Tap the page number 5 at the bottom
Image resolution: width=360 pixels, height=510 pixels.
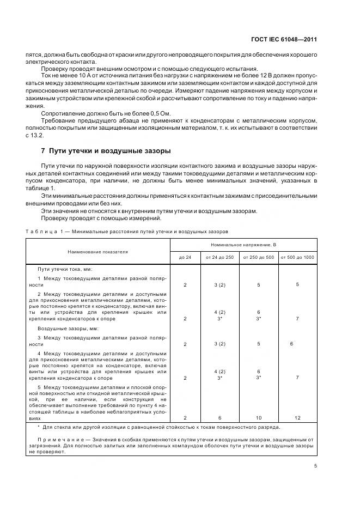(x=316, y=466)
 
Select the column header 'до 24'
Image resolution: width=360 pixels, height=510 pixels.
(x=185, y=257)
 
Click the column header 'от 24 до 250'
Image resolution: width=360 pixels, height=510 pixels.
(x=219, y=257)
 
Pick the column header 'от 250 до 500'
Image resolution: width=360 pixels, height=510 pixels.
(x=259, y=257)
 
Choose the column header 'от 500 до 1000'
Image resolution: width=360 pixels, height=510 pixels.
(x=297, y=257)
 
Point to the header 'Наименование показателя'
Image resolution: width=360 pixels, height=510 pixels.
(x=98, y=252)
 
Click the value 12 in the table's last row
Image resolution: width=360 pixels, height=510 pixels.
(x=297, y=417)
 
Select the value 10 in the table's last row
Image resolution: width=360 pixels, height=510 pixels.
(x=259, y=417)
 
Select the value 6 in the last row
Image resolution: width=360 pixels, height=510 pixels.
(x=219, y=417)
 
